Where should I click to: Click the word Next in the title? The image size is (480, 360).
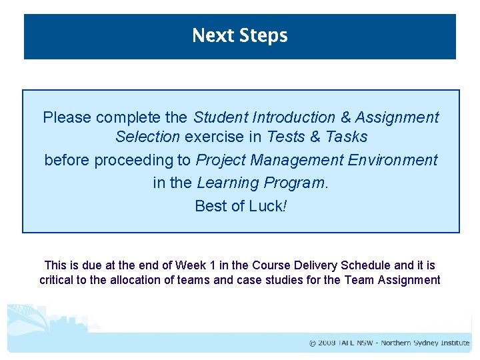pos(209,35)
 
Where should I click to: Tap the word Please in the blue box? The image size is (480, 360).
pos(67,118)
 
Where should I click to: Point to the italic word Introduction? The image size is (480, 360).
pos(293,118)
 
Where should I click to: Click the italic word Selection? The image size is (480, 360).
pos(147,137)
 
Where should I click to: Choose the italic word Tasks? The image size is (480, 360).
pos(344,137)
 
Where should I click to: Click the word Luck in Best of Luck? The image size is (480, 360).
pos(266,206)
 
